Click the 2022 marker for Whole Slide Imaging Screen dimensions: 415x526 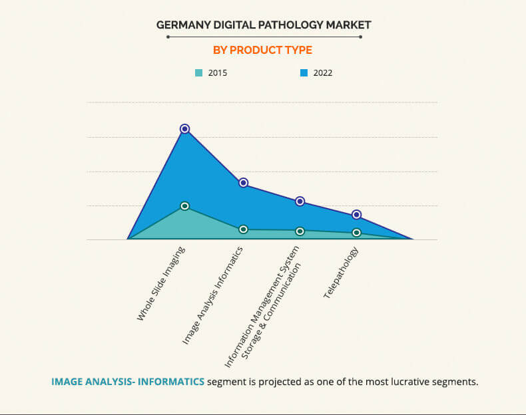[x=184, y=128]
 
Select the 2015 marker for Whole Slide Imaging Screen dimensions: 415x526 [x=184, y=206]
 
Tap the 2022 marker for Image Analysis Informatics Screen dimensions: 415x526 [x=243, y=183]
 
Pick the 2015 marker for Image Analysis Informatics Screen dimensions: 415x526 [x=243, y=229]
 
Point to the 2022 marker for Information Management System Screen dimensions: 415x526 [x=300, y=202]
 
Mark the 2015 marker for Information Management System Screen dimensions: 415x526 [x=300, y=231]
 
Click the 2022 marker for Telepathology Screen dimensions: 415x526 [x=357, y=215]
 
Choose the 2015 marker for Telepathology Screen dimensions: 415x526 [x=357, y=233]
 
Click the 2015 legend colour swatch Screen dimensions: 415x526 [x=198, y=72]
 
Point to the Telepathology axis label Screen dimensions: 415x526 [x=341, y=273]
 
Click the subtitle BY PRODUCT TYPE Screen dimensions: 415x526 [x=262, y=50]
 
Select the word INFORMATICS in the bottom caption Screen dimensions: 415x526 [x=171, y=382]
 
